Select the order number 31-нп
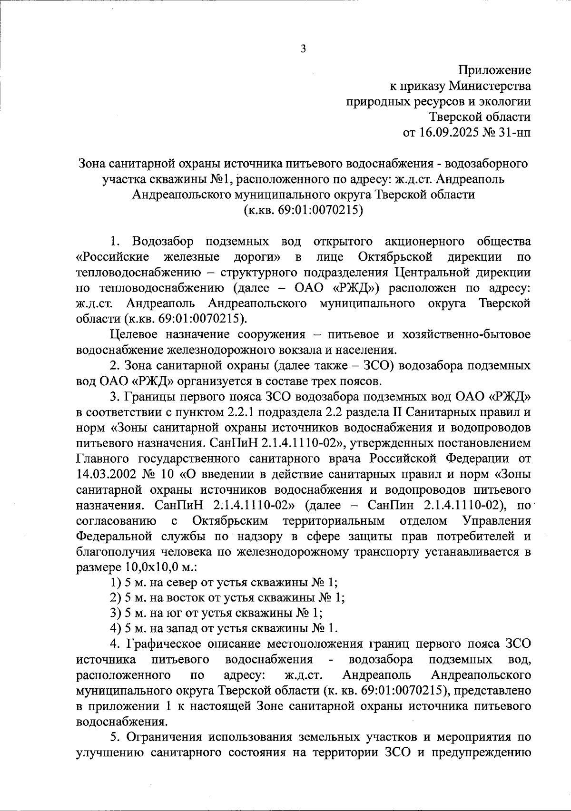(x=515, y=132)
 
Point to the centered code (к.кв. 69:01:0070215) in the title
(x=303, y=210)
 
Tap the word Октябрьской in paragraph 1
(x=394, y=257)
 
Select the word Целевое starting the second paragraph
(x=133, y=334)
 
